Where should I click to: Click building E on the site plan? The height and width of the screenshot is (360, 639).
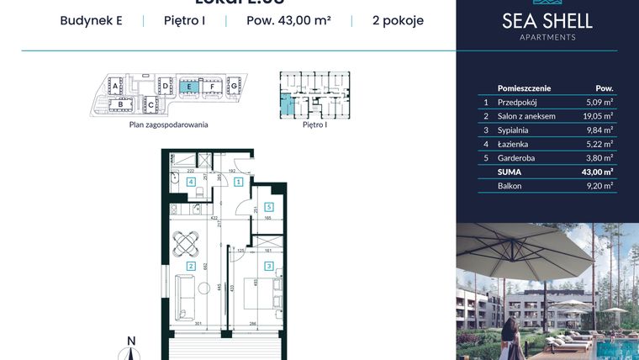(190, 86)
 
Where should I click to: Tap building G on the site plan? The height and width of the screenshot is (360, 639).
(235, 86)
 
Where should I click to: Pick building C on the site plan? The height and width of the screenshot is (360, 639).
(151, 104)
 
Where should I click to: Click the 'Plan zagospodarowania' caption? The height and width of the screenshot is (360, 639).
(168, 124)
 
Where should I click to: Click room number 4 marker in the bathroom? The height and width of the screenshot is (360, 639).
(191, 181)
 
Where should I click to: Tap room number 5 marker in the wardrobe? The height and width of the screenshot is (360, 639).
(268, 206)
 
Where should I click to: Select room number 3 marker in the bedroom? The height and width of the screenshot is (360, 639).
(268, 267)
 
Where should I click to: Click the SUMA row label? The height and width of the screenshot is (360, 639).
(510, 172)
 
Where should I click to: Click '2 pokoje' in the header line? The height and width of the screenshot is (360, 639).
(398, 21)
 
